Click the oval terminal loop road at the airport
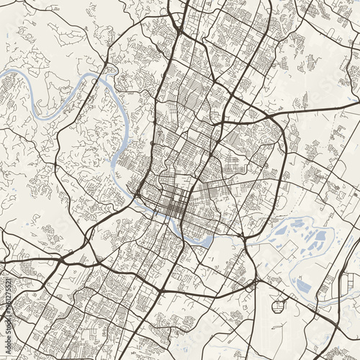pyautogui.click(x=278, y=306)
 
